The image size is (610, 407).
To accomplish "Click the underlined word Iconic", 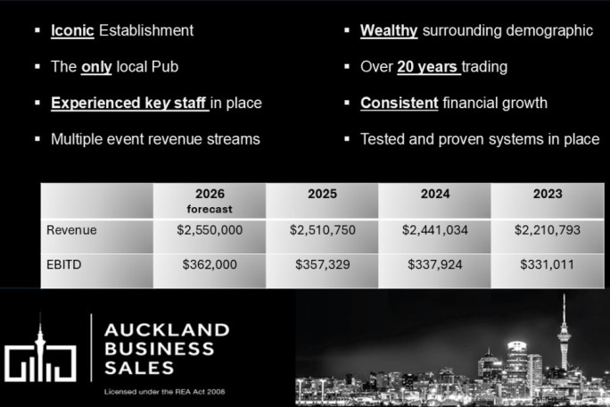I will pyautogui.click(x=71, y=30).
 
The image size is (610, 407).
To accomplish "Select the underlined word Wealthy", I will pyautogui.click(x=389, y=30).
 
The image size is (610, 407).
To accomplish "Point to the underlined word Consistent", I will pyautogui.click(x=399, y=103).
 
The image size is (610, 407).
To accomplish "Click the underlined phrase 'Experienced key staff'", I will pyautogui.click(x=129, y=103).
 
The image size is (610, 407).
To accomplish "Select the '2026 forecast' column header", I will pyautogui.click(x=209, y=201).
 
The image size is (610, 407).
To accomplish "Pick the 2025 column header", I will pyautogui.click(x=322, y=194).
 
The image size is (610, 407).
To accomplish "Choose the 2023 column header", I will pyautogui.click(x=548, y=194).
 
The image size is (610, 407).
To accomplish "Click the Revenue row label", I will pyautogui.click(x=71, y=230).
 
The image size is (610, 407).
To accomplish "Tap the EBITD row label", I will pyautogui.click(x=64, y=264).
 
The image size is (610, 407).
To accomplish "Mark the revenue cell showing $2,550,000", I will pyautogui.click(x=210, y=230).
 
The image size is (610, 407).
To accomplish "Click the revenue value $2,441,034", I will pyautogui.click(x=435, y=230).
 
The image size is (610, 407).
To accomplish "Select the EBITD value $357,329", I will pyautogui.click(x=322, y=264).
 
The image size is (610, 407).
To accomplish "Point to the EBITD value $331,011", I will pyautogui.click(x=548, y=264).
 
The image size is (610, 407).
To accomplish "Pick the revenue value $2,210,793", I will pyautogui.click(x=548, y=230).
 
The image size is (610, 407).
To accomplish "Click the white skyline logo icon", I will pyautogui.click(x=41, y=352).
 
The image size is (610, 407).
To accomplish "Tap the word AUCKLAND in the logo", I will pyautogui.click(x=167, y=329).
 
